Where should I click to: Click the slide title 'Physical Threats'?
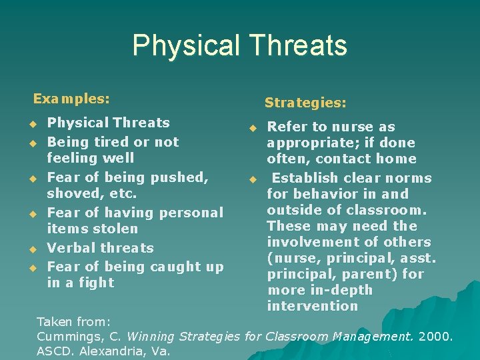tap(239, 45)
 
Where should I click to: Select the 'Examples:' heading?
tap(71, 99)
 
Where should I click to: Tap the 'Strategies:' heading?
tap(305, 103)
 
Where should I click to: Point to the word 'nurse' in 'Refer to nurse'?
tap(353, 127)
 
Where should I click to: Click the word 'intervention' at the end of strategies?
tap(312, 306)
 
